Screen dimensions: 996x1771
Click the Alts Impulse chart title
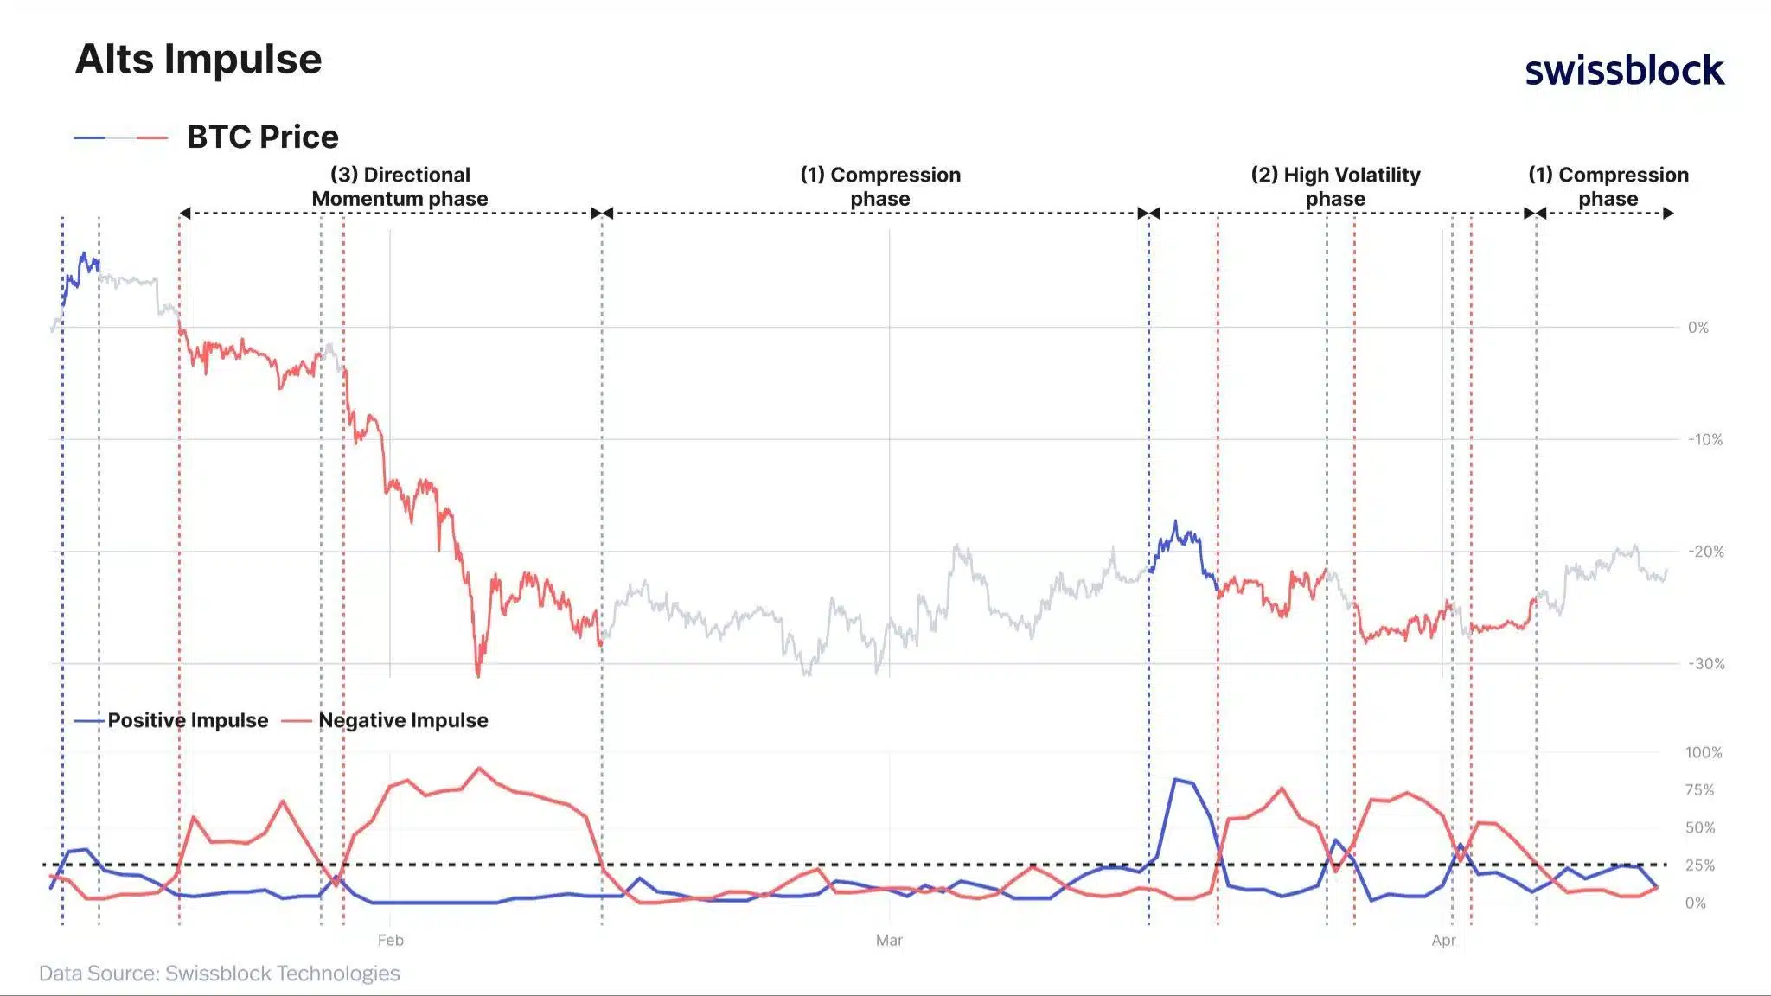pos(198,60)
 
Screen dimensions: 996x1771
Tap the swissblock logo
pos(1624,70)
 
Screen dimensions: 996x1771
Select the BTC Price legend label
pos(262,137)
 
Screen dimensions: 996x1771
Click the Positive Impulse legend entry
pos(187,720)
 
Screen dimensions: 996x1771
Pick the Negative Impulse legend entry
pos(402,720)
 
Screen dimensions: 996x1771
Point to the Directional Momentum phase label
pos(400,187)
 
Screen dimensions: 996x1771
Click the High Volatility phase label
pos(1335,187)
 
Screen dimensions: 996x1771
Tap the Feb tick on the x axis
pos(390,940)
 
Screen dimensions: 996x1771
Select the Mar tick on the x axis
pos(889,940)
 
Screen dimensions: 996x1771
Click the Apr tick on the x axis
pos(1443,940)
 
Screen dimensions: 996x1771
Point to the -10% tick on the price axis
pos(1704,439)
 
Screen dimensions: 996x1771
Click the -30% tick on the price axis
pos(1705,663)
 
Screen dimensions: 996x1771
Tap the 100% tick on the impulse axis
pos(1703,752)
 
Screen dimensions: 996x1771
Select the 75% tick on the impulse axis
pos(1699,789)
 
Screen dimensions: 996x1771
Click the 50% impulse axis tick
pos(1699,827)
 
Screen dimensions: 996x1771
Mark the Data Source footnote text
pos(220,973)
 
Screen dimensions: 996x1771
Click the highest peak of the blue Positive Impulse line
pos(1175,780)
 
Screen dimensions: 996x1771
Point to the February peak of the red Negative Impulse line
pos(479,768)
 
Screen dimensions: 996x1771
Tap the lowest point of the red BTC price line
pos(478,674)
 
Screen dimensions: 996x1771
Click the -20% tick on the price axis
pos(1705,552)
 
